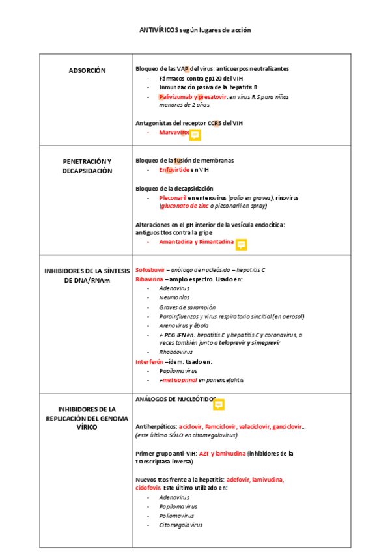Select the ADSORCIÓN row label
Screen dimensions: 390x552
coord(87,70)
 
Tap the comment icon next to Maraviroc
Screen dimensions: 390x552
coord(194,135)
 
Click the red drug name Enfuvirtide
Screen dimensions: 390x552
coord(174,169)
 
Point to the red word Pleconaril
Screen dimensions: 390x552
coord(173,197)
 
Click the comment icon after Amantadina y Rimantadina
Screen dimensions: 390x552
coord(241,244)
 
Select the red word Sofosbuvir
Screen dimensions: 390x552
coord(150,269)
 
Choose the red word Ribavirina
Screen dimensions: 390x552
coord(149,279)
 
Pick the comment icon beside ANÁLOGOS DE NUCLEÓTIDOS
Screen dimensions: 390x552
coord(219,404)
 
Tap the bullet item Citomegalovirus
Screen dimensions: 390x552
coord(180,525)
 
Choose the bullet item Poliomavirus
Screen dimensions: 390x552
coord(176,516)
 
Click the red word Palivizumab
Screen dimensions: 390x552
coord(175,96)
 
